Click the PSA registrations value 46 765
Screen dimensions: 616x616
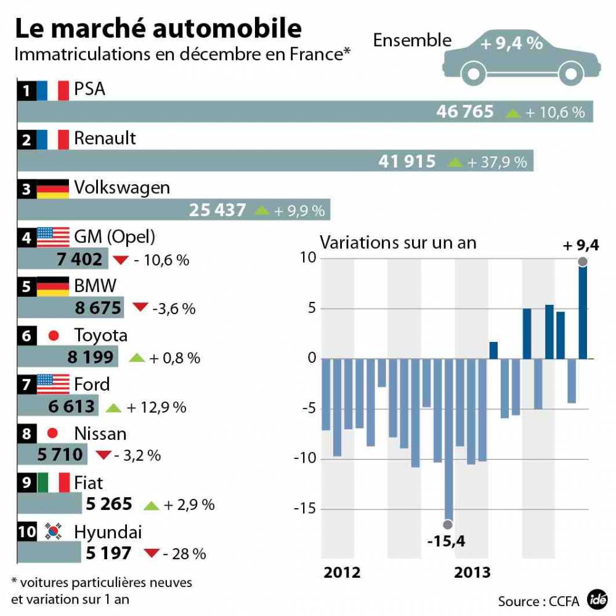465,111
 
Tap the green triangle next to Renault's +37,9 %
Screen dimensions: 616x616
455,162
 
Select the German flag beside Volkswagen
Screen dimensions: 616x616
53,188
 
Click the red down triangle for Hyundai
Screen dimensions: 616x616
152,553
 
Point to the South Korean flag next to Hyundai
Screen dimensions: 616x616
53,531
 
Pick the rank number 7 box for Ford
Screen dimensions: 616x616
26,385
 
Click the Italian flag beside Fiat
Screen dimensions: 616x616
53,482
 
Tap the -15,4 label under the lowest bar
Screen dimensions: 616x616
447,541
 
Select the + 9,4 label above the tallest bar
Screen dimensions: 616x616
581,247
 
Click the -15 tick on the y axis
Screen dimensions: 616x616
308,509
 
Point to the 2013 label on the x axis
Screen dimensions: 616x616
472,573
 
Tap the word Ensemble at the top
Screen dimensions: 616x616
412,41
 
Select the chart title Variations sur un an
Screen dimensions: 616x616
398,242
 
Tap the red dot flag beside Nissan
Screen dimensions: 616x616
53,434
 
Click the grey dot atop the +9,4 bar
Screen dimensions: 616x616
583,262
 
